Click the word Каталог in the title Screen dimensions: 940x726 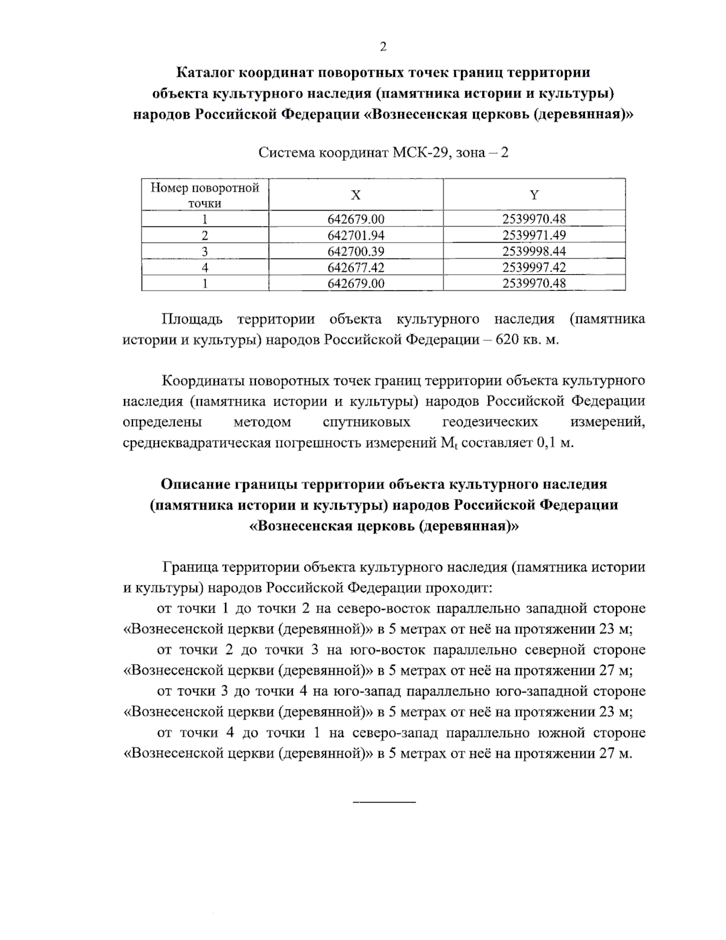pyautogui.click(x=206, y=73)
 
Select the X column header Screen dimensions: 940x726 pyautogui.click(x=356, y=194)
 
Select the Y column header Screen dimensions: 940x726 pyautogui.click(x=534, y=194)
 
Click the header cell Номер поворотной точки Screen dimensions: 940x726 pyautogui.click(x=205, y=195)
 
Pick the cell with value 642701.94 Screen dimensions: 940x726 pyautogui.click(x=356, y=235)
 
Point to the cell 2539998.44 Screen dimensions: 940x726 pyautogui.click(x=534, y=251)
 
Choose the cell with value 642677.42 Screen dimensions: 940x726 pyautogui.click(x=356, y=267)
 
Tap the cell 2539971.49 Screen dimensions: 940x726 pyautogui.click(x=534, y=235)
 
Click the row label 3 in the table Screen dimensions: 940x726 pyautogui.click(x=205, y=251)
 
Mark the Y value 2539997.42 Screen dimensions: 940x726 pyautogui.click(x=534, y=267)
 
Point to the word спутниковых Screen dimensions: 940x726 pyautogui.click(x=367, y=422)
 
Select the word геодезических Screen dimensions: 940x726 pyautogui.click(x=490, y=422)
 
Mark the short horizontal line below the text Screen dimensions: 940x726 pyautogui.click(x=384, y=803)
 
